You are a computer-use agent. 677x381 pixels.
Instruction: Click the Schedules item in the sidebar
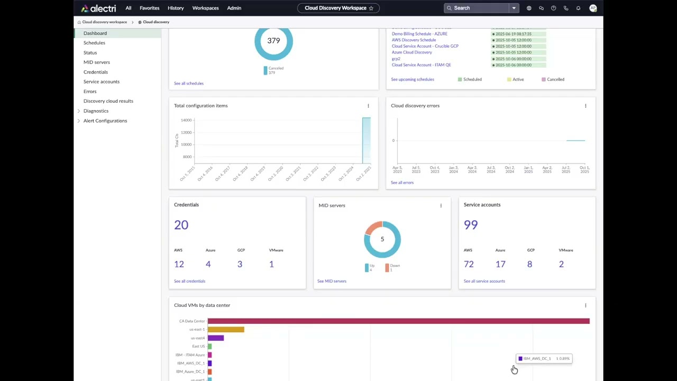click(94, 43)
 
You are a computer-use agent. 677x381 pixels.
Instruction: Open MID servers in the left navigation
click(96, 62)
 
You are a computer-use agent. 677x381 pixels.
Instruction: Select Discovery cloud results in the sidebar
click(108, 101)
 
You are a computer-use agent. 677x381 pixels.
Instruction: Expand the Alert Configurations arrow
click(79, 121)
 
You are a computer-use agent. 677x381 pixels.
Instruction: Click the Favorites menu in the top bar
click(149, 8)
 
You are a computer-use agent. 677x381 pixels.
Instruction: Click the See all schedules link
click(188, 84)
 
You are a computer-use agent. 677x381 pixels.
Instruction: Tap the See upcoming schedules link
click(412, 79)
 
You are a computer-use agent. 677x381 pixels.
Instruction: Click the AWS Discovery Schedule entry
click(414, 40)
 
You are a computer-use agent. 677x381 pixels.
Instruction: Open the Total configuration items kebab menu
click(368, 106)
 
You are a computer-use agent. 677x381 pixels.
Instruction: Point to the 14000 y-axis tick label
click(186, 120)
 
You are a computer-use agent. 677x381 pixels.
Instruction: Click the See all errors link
click(402, 183)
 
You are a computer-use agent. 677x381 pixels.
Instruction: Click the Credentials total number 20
click(181, 225)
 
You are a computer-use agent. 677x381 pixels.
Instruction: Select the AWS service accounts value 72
click(469, 264)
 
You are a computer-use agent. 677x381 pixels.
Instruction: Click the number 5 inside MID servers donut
click(382, 239)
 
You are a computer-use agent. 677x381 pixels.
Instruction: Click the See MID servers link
click(332, 281)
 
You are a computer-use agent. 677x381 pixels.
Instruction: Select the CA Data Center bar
click(398, 321)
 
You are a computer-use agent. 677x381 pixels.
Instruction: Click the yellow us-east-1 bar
click(226, 330)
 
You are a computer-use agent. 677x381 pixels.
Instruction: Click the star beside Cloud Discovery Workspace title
click(371, 8)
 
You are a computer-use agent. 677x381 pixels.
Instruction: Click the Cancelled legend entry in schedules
click(555, 79)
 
